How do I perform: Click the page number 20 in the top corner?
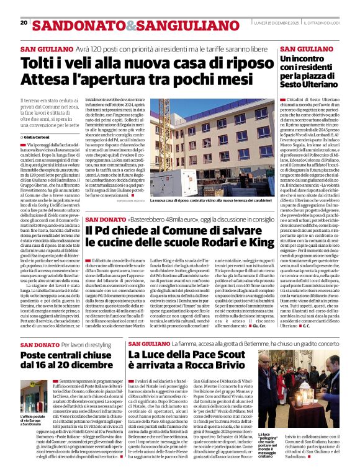24,22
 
